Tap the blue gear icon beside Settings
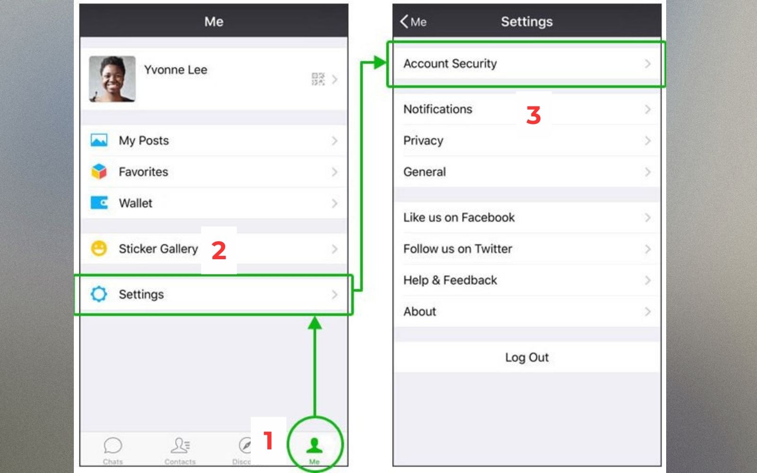[x=99, y=294]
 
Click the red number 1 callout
[x=268, y=440]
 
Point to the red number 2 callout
[x=219, y=250]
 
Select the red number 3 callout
[x=533, y=115]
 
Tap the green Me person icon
[x=314, y=445]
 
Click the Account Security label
[x=450, y=63]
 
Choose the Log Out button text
[x=527, y=357]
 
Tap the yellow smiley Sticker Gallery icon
[x=99, y=248]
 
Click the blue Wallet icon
[x=99, y=203]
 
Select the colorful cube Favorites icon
[x=99, y=171]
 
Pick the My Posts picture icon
[x=99, y=140]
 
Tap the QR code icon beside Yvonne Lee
[x=317, y=79]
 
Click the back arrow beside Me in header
[x=404, y=21]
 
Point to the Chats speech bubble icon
[x=113, y=445]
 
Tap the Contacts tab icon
[x=180, y=445]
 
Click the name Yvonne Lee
[x=176, y=70]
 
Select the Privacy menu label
[x=423, y=140]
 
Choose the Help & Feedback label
[x=450, y=280]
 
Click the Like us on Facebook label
[x=459, y=217]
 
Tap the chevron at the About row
[x=648, y=311]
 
